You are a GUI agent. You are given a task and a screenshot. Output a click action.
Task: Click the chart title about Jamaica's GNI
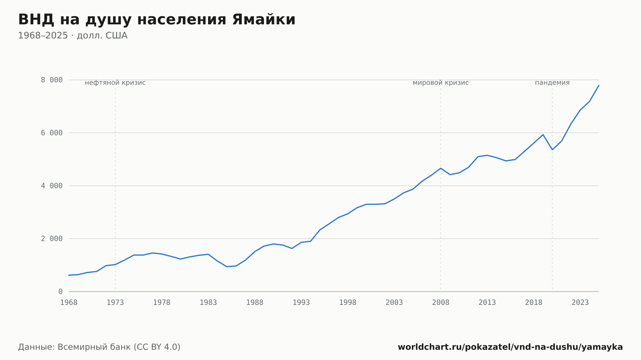157,20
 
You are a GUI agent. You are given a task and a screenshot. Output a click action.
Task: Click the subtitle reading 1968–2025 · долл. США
73,36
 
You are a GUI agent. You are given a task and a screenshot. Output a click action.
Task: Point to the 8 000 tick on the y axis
52,80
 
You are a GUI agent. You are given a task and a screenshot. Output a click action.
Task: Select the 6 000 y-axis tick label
52,133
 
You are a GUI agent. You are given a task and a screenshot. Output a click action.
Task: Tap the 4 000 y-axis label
52,186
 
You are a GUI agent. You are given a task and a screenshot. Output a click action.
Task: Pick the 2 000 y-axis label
52,239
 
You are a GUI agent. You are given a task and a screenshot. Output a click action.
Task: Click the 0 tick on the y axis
61,292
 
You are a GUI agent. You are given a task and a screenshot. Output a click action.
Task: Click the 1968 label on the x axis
69,303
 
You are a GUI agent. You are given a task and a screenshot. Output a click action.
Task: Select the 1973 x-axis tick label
115,303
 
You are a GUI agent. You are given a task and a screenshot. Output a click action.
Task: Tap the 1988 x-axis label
255,303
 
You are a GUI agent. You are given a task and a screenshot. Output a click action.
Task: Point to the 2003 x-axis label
394,303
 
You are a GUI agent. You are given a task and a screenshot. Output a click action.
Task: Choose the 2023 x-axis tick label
580,303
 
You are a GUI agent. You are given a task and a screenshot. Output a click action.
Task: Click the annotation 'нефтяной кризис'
115,83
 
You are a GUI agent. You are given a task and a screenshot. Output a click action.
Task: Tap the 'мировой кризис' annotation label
441,83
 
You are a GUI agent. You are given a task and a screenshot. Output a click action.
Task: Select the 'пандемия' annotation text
552,83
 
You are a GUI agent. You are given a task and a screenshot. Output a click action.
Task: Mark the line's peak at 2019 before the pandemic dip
543,135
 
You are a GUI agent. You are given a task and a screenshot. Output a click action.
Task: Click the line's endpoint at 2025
599,86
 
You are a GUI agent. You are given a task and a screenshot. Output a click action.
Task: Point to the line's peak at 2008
441,168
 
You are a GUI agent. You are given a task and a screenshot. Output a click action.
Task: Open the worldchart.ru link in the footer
510,347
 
